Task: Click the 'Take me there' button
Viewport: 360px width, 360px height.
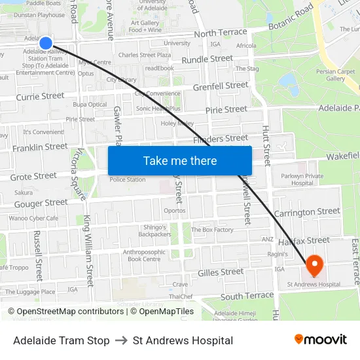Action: click(x=180, y=160)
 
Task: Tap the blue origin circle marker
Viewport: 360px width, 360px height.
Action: click(x=46, y=43)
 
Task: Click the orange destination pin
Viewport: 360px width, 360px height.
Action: click(x=315, y=265)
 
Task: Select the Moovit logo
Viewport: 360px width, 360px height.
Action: click(x=321, y=340)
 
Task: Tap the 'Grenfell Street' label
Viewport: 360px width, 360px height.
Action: click(x=221, y=86)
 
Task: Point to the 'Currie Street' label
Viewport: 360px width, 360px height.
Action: click(x=40, y=96)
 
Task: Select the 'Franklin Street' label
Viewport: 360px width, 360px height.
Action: click(x=40, y=147)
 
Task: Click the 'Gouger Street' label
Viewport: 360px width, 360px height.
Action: click(x=41, y=204)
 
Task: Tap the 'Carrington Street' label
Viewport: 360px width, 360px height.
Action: click(x=307, y=212)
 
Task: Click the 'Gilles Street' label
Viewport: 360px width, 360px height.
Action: click(x=221, y=272)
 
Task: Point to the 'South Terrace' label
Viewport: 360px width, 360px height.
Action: click(x=247, y=296)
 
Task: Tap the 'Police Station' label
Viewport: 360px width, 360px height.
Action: click(x=128, y=179)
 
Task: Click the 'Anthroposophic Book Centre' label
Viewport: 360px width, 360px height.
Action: click(x=142, y=255)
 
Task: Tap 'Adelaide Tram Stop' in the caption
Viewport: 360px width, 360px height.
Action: click(x=62, y=340)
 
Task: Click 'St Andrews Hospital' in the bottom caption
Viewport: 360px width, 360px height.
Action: click(x=183, y=340)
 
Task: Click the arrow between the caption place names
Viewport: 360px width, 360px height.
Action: click(x=121, y=340)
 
